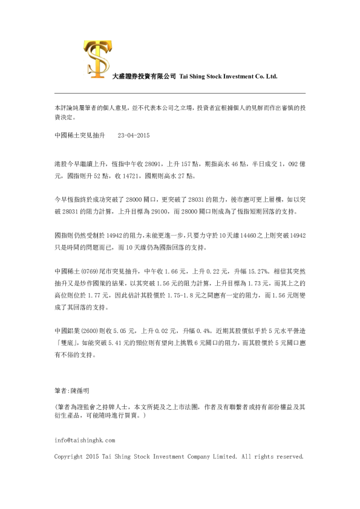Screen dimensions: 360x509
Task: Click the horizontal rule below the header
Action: (180, 92)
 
